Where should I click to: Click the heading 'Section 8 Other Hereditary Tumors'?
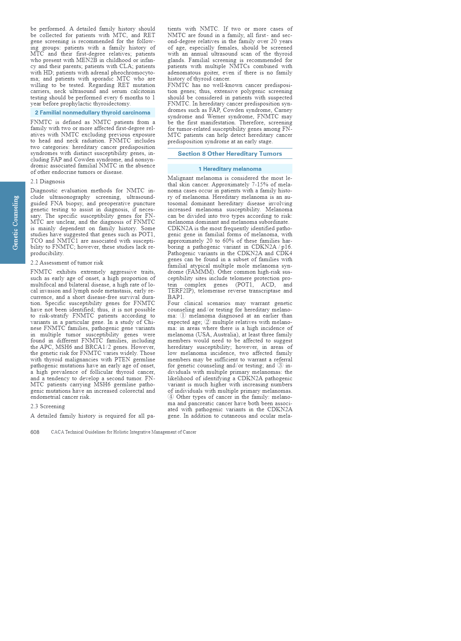230,154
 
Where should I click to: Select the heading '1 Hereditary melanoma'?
230,169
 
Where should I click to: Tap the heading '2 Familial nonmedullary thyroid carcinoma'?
92,113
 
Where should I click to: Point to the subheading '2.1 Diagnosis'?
47,181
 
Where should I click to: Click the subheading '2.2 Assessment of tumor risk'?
67,263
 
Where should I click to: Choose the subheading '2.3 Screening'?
47,406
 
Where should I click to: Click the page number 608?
35,432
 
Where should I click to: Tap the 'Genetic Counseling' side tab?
15,222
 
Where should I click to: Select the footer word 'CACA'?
57,432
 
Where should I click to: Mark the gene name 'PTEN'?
114,359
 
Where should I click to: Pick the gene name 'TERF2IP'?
181,291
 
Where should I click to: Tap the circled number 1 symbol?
183,316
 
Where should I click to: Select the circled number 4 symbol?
171,397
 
